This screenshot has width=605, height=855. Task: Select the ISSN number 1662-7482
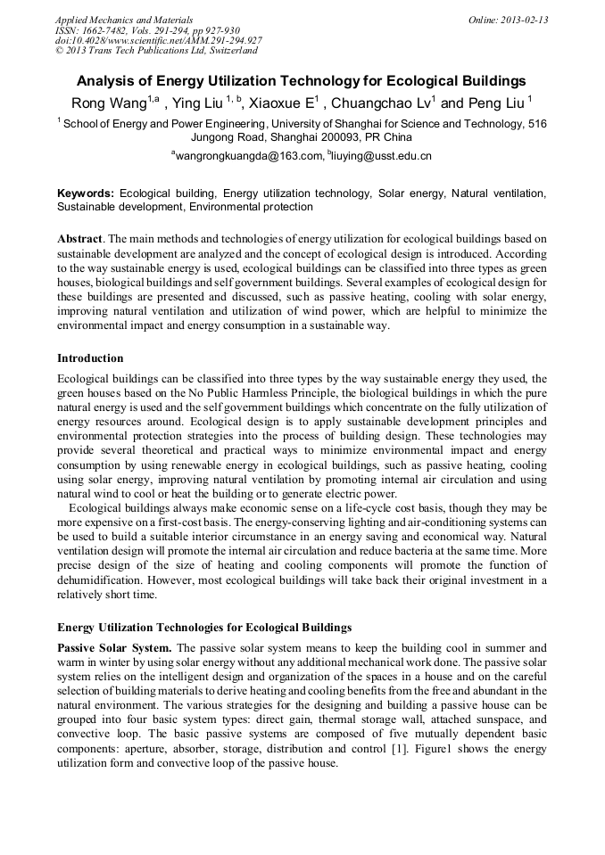pyautogui.click(x=113, y=29)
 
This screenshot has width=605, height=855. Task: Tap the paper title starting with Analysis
pyautogui.click(x=302, y=81)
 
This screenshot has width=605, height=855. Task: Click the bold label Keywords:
pyautogui.click(x=86, y=193)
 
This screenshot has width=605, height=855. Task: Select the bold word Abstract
pyautogui.click(x=80, y=240)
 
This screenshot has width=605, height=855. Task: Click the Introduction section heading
pyautogui.click(x=90, y=358)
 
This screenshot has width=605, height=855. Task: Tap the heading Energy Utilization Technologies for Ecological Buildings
pyautogui.click(x=204, y=628)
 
